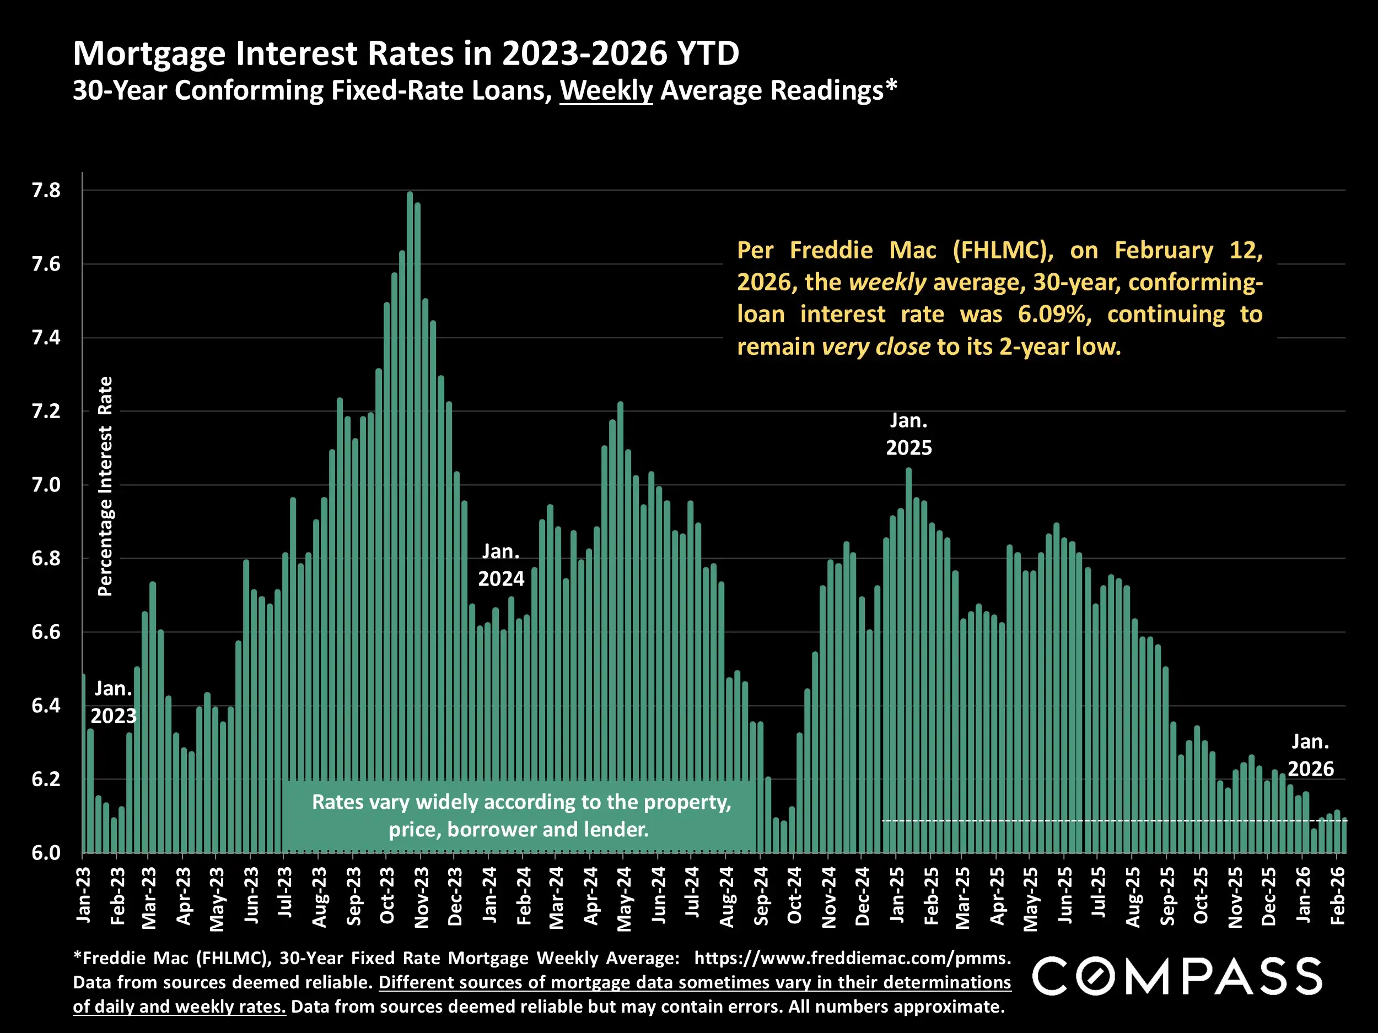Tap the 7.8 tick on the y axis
click(46, 191)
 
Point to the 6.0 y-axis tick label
click(46, 852)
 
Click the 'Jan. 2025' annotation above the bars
click(909, 435)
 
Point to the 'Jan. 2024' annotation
click(501, 565)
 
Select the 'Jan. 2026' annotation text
click(1311, 755)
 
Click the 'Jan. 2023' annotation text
click(114, 702)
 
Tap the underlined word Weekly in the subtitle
click(606, 91)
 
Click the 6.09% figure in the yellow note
click(1054, 315)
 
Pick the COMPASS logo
click(1177, 976)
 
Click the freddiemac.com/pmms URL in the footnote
click(852, 958)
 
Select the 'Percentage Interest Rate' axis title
click(105, 486)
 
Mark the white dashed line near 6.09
click(1109, 821)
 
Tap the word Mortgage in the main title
click(150, 53)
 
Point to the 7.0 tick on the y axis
click(46, 485)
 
